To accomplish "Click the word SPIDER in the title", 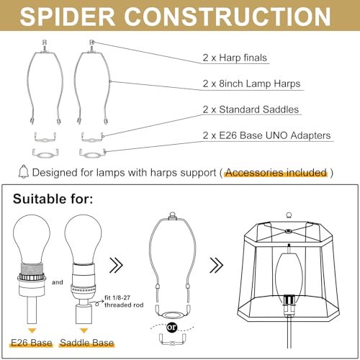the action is [x=68, y=17].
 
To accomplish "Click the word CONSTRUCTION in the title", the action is [x=228, y=17].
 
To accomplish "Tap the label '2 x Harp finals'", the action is [x=235, y=58].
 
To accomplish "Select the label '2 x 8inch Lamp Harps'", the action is [x=251, y=84].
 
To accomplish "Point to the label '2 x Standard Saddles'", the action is [x=251, y=109].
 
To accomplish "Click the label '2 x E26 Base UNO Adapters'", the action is [x=266, y=135].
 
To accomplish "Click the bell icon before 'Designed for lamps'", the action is [x=24, y=171].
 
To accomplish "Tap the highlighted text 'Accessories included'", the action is [x=276, y=173].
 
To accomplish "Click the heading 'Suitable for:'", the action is [x=53, y=199].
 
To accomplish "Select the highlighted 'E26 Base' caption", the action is [x=32, y=343].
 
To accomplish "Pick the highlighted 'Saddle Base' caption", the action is [x=86, y=343].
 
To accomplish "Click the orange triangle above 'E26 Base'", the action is [x=32, y=330].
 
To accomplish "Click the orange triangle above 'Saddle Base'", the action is [x=84, y=330].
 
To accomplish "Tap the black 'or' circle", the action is [x=172, y=327].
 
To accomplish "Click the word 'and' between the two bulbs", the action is [x=58, y=282].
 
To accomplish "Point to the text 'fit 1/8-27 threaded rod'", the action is [x=124, y=302].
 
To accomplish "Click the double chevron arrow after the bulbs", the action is [x=116, y=265].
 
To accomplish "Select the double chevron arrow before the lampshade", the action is [x=217, y=265].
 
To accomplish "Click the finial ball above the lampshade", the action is [x=289, y=215].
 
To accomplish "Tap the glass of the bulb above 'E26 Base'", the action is [x=32, y=236].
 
